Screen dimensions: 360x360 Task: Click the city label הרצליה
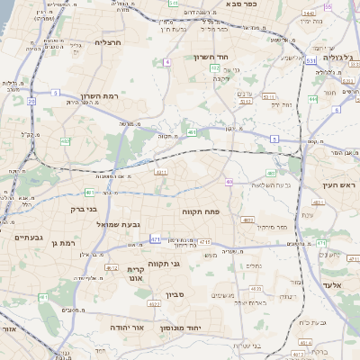pos(108,42)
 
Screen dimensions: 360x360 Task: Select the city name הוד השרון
pos(239,57)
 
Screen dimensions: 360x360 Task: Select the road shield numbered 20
pos(31,103)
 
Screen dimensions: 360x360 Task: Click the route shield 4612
pos(112,268)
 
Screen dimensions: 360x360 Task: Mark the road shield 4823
pos(256,288)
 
